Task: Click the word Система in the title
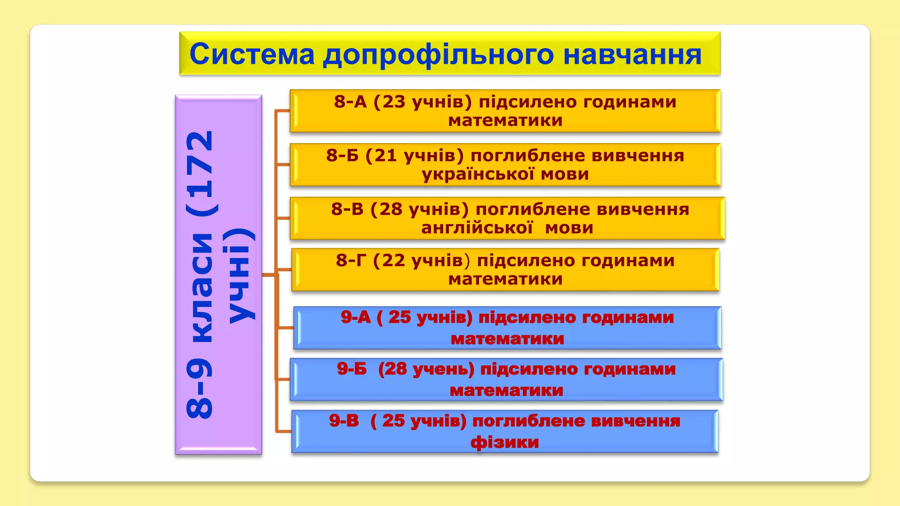[x=252, y=54]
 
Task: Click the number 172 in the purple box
[x=200, y=173]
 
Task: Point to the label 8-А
[x=350, y=102]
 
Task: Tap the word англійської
[x=477, y=228]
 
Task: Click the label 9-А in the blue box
[x=356, y=317]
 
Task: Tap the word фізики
[x=504, y=442]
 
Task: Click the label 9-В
[x=344, y=421]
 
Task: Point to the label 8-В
[x=347, y=209]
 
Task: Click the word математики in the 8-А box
[x=505, y=120]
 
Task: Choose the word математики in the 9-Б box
[x=506, y=390]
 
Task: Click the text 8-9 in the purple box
[x=200, y=389]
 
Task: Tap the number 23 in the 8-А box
[x=393, y=102]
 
